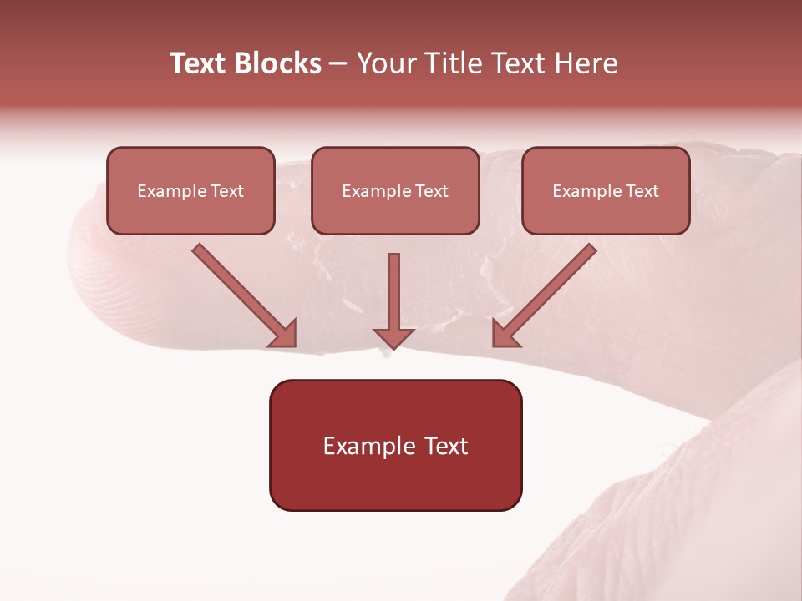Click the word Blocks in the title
(x=279, y=63)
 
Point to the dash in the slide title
(x=339, y=64)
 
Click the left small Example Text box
(x=190, y=190)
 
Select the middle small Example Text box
(x=395, y=190)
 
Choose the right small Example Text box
(x=606, y=190)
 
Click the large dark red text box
(x=395, y=445)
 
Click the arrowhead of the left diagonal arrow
(x=284, y=334)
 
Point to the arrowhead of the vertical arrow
(x=393, y=337)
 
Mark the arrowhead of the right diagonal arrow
(x=505, y=334)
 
